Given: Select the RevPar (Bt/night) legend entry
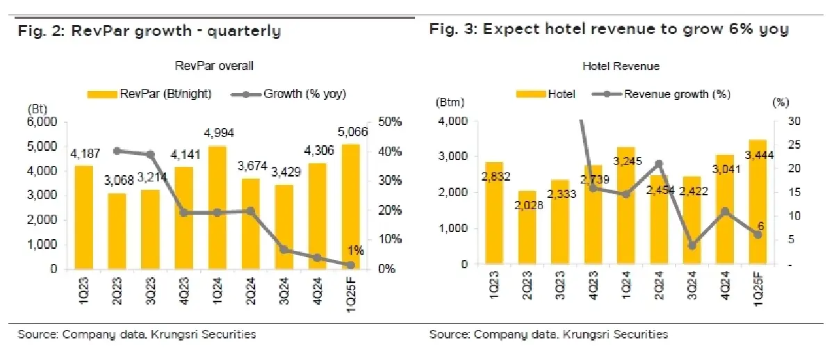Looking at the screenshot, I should [x=147, y=94].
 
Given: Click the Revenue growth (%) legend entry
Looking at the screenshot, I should [x=667, y=94].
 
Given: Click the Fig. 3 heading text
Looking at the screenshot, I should [x=609, y=29].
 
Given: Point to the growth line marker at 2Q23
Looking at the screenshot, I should [x=117, y=151].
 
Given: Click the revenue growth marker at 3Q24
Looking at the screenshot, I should [x=692, y=245].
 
